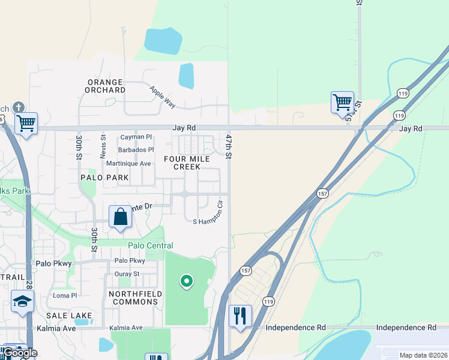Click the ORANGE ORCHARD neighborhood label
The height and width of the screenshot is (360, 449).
[x=106, y=86]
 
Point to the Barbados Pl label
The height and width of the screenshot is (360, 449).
[x=136, y=149]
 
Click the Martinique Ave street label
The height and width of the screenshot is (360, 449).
[x=128, y=163]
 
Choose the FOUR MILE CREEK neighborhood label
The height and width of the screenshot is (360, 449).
[x=187, y=163]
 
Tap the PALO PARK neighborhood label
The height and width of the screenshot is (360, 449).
[x=104, y=178]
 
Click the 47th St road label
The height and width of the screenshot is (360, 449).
[x=229, y=146]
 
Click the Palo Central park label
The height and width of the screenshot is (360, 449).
[x=150, y=245]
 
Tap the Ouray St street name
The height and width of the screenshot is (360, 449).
[x=127, y=274]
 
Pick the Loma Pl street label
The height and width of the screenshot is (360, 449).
[x=65, y=295]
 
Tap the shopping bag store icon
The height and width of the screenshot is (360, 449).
[x=120, y=217]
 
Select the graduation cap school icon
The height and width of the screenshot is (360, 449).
[x=22, y=301]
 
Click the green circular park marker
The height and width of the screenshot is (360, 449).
[x=186, y=280]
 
